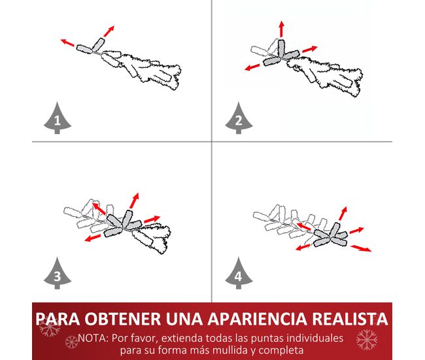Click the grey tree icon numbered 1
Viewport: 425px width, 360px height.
tap(58, 118)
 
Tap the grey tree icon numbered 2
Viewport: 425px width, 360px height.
tap(239, 118)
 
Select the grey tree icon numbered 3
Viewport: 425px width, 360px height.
tap(58, 274)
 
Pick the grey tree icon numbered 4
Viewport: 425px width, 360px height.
tap(239, 274)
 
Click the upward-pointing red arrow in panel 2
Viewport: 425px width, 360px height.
tap(282, 29)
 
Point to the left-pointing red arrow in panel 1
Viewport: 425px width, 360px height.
tap(67, 42)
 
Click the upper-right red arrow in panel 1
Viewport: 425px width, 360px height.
tap(109, 31)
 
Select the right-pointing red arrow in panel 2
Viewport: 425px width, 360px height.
tap(309, 49)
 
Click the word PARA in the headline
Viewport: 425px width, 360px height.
tap(58, 319)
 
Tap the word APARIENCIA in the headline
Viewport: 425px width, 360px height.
tap(257, 319)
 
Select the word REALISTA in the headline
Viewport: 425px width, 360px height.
tap(350, 319)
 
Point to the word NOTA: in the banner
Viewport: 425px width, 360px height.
tap(93, 338)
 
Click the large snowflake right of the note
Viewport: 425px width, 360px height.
tap(367, 339)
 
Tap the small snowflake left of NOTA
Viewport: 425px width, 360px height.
tap(71, 342)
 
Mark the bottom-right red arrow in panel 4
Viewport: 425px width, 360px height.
tap(361, 248)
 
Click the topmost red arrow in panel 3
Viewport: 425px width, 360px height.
tap(135, 201)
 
